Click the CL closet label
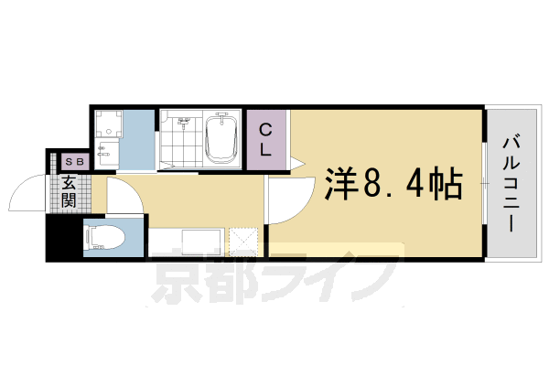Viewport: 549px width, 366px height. coord(264,140)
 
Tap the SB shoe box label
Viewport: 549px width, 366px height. coord(73,162)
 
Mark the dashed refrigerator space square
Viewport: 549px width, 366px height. coord(244,242)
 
